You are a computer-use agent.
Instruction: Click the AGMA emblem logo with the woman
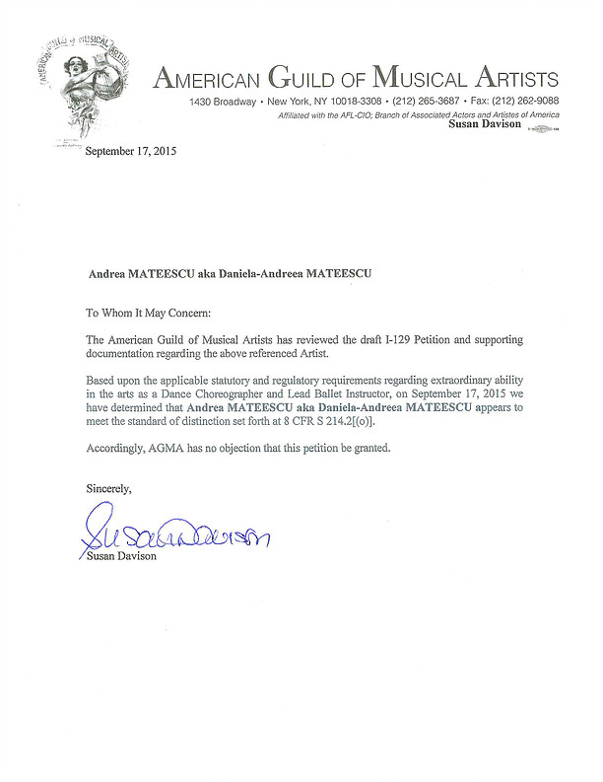[84, 84]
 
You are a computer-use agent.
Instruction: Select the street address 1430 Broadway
[224, 103]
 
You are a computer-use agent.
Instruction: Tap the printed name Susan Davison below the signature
[121, 556]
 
